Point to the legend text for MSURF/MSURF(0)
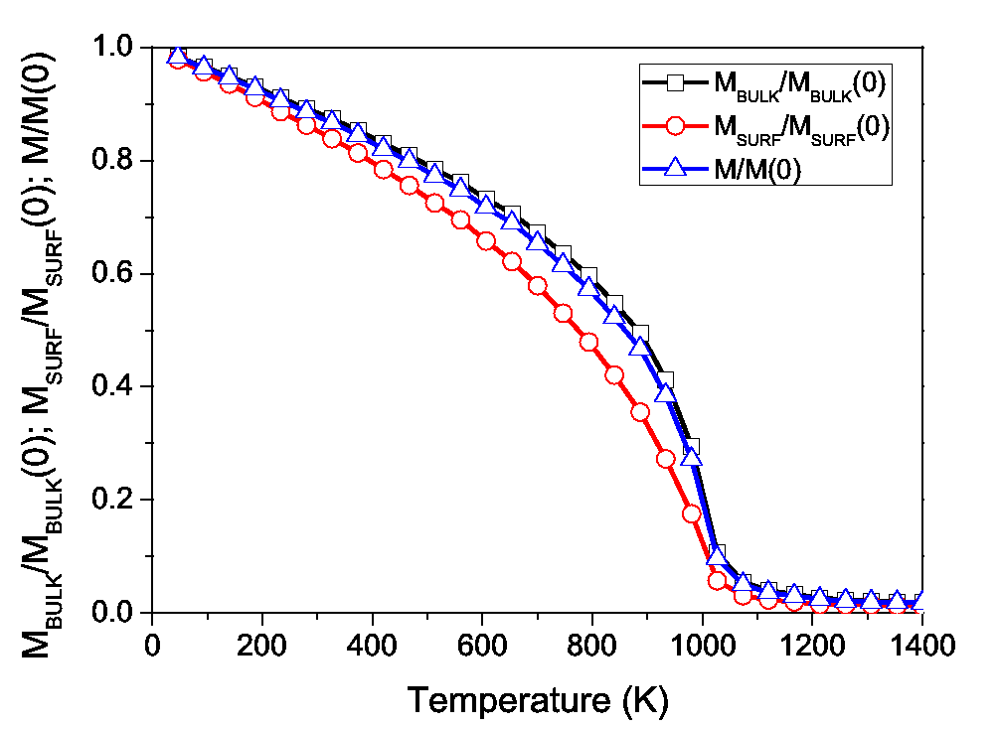[x=799, y=128]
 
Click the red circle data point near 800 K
[x=588, y=342]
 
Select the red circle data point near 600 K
[x=486, y=241]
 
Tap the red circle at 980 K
[x=692, y=513]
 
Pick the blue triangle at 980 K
[x=692, y=457]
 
